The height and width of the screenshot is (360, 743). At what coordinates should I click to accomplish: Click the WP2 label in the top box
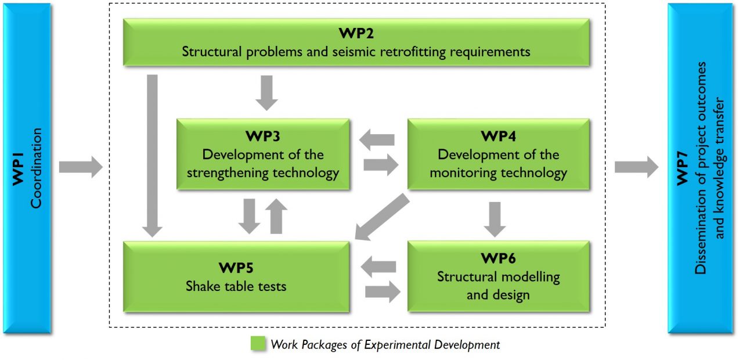pos(356,33)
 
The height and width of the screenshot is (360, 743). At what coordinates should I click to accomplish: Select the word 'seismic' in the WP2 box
pos(354,52)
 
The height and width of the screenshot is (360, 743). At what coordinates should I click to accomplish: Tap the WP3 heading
pos(263,136)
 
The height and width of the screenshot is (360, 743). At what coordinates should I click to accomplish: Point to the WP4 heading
pos(498,136)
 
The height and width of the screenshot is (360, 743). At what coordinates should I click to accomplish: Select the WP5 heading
pos(236,268)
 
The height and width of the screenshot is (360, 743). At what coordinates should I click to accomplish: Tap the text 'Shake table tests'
pos(236,286)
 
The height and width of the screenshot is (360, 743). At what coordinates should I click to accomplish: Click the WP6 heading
pos(498,258)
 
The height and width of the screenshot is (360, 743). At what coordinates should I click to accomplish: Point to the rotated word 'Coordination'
pos(36,168)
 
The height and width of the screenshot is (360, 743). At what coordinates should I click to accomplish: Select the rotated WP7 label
pos(682,168)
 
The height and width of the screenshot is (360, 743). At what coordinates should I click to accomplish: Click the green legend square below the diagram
pos(258,343)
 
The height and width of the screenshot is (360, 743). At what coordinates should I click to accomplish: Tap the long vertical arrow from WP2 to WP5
pos(152,156)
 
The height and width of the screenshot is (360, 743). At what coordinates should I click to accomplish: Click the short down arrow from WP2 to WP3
pos(266,93)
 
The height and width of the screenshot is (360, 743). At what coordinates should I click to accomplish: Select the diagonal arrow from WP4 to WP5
pos(382,217)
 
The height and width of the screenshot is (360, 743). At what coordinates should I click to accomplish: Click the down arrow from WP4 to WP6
pos(495,219)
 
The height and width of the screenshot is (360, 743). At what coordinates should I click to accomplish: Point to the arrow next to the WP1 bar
pos(81,167)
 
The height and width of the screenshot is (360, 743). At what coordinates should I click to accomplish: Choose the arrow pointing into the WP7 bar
pos(637,167)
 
